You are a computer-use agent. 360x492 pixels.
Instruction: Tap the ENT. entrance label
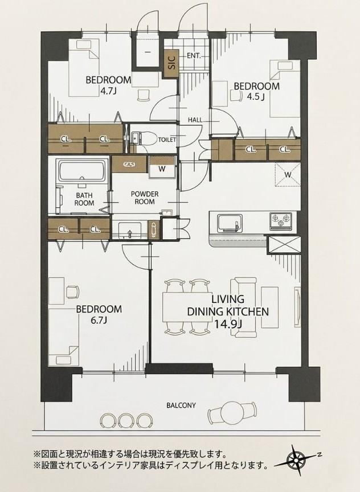(194, 56)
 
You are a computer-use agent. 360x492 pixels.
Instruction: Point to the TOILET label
(167, 140)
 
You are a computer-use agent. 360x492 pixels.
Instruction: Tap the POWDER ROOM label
(145, 198)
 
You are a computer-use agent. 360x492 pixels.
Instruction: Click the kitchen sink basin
(230, 223)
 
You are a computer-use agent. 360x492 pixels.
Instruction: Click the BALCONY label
(181, 405)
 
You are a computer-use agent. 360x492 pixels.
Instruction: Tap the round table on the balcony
(231, 411)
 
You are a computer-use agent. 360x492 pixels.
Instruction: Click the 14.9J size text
(228, 323)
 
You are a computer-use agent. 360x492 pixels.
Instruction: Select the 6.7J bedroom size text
(99, 321)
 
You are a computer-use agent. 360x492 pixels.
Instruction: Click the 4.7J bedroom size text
(109, 92)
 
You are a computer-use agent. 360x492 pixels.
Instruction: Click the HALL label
(195, 120)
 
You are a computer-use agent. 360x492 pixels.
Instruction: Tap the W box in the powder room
(162, 168)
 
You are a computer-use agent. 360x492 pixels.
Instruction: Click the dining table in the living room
(187, 307)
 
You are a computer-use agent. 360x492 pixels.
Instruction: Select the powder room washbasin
(130, 230)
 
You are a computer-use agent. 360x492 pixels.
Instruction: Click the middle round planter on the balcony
(125, 420)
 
